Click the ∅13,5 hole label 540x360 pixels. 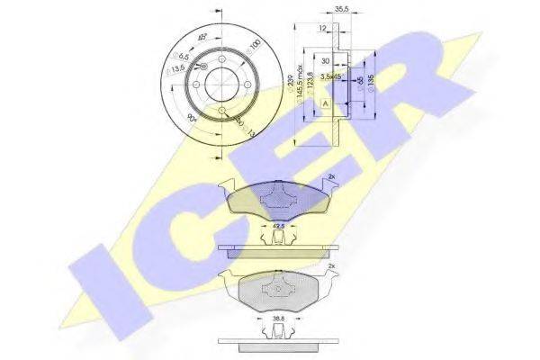click(x=179, y=67)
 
